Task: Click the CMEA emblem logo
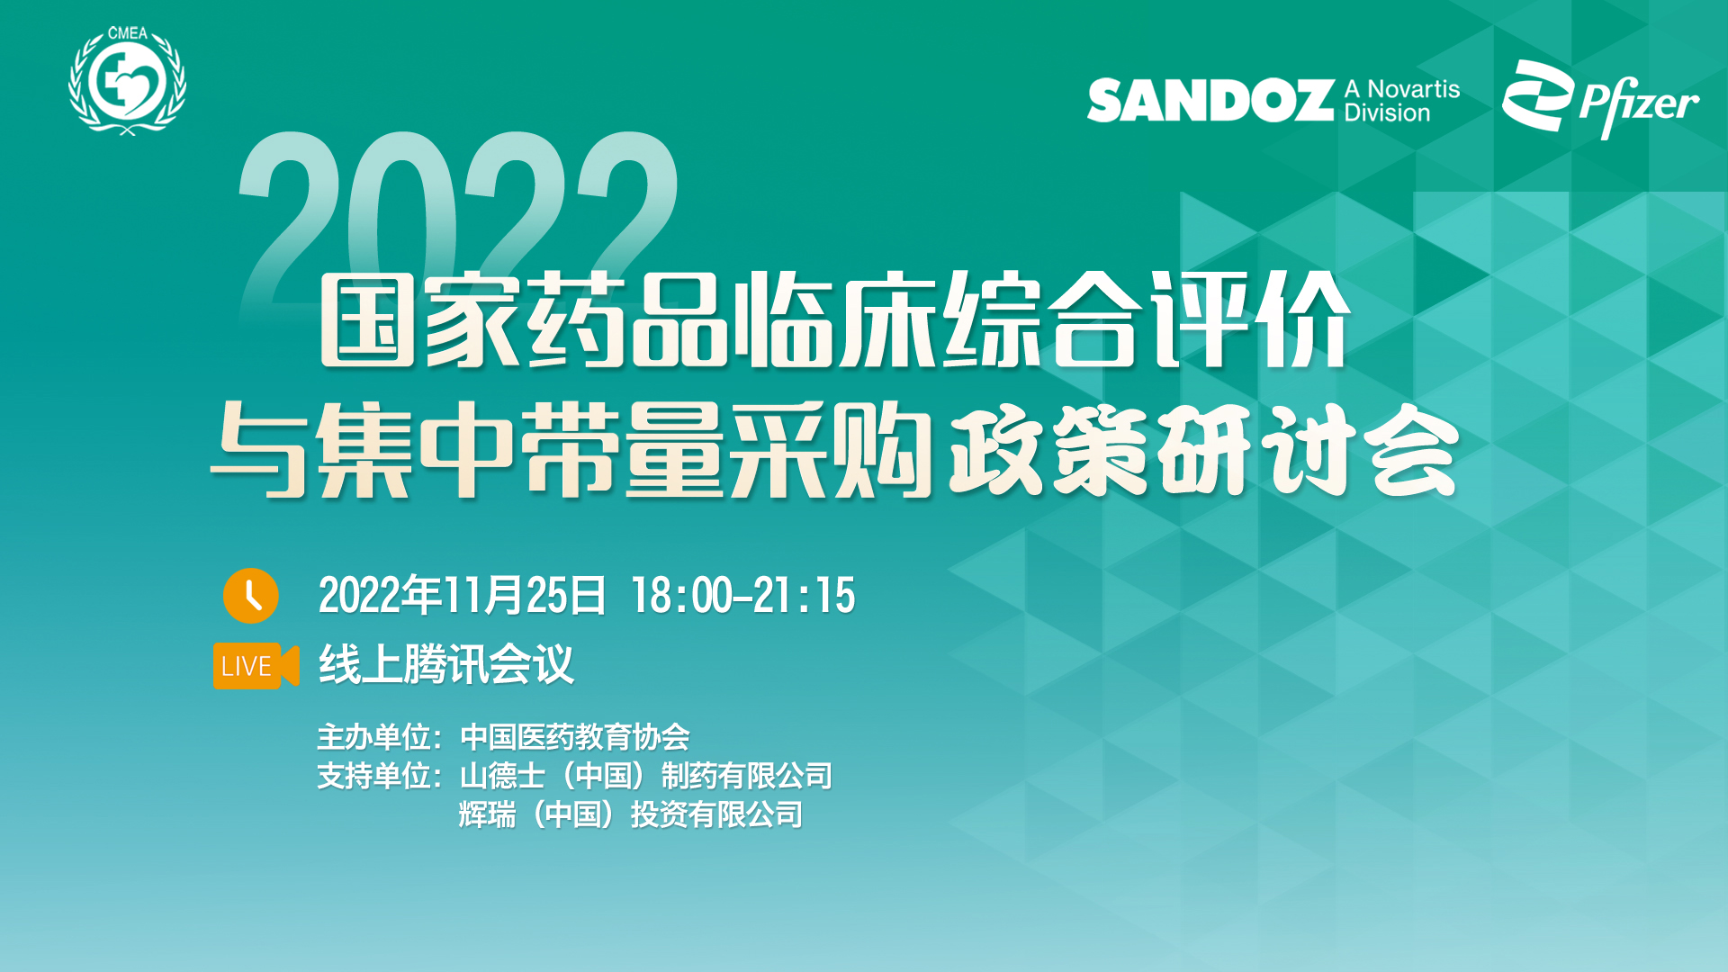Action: (128, 81)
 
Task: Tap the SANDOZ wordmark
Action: (1210, 100)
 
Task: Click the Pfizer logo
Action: (1600, 99)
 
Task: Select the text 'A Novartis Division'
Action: (1401, 101)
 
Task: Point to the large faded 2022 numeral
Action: (458, 216)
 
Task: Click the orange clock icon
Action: (250, 596)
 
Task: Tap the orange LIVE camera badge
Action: (256, 666)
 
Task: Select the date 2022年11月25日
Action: (463, 596)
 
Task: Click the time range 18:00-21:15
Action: (743, 596)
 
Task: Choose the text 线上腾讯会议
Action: (446, 665)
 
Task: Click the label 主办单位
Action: (373, 737)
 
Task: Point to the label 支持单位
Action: (373, 776)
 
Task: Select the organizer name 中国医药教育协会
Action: (575, 737)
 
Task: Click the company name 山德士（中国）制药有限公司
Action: (646, 776)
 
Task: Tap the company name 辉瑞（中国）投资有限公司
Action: (631, 814)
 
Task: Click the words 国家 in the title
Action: (421, 320)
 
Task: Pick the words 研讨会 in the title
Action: (1308, 449)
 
